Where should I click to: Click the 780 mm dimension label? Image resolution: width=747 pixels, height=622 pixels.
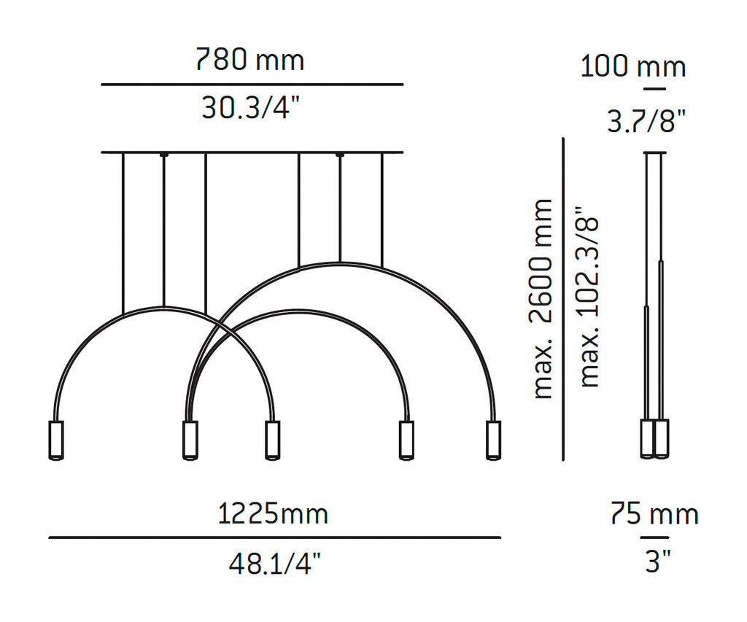click(x=250, y=60)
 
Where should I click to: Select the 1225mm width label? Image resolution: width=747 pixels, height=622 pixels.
click(x=273, y=514)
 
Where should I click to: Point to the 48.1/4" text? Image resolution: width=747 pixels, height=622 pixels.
click(x=275, y=564)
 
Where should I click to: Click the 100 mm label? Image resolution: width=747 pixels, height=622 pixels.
click(x=633, y=66)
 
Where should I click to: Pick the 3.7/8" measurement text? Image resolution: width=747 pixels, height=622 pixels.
click(x=646, y=121)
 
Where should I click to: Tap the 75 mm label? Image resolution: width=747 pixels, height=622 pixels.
click(x=654, y=513)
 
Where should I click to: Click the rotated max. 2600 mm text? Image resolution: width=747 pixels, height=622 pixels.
click(x=543, y=299)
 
